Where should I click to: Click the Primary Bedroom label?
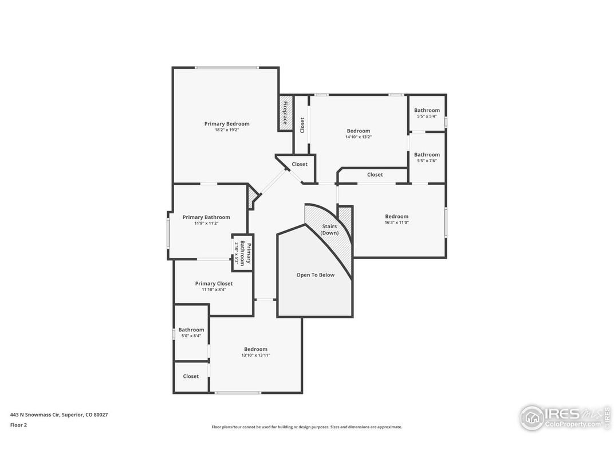click(227, 124)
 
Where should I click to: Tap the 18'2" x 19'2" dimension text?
click(227, 130)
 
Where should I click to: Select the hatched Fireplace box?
click(285, 113)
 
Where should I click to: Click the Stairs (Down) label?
click(329, 229)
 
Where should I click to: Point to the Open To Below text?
click(315, 275)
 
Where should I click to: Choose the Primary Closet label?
click(214, 283)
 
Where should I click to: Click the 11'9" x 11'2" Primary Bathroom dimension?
click(206, 224)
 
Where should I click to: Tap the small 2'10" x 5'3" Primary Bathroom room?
click(242, 253)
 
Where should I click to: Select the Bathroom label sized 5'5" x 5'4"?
click(427, 110)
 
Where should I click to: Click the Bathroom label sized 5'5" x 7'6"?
click(427, 154)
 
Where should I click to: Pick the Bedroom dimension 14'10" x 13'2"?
click(358, 137)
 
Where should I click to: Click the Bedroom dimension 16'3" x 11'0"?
click(396, 222)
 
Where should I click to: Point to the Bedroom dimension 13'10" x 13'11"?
click(255, 355)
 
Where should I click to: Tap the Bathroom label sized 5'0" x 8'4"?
click(191, 330)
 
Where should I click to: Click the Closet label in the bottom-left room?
click(191, 376)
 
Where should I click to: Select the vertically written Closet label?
click(302, 124)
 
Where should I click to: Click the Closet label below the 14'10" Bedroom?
click(375, 174)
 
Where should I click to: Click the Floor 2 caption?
click(18, 425)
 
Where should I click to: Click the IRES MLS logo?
click(564, 417)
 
